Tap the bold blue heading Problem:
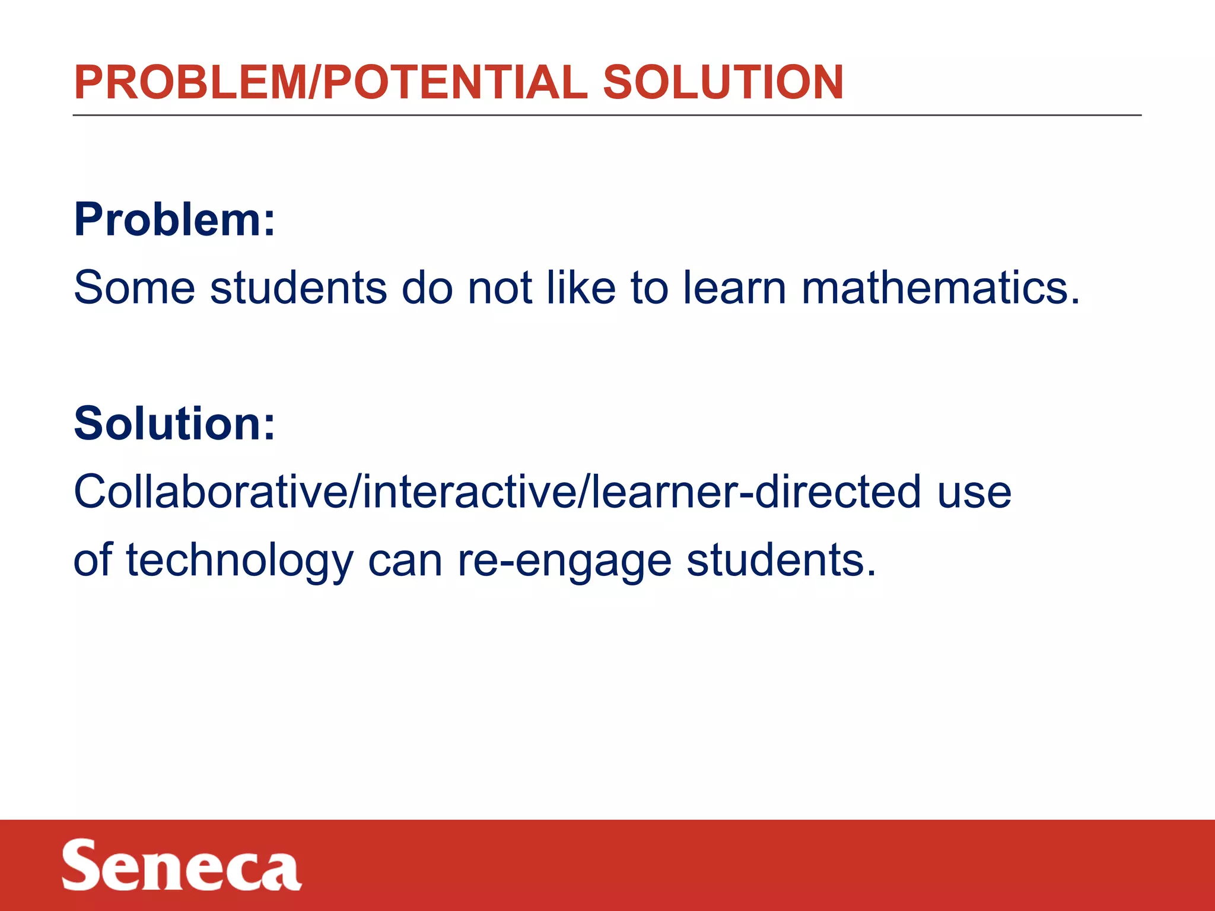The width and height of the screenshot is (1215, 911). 174,220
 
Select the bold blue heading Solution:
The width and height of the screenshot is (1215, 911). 174,423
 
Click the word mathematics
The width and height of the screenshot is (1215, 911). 940,288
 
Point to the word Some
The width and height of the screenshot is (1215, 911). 134,288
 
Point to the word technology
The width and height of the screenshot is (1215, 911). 240,561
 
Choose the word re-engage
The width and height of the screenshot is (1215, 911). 564,561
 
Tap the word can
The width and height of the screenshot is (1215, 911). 405,561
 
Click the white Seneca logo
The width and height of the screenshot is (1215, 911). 182,865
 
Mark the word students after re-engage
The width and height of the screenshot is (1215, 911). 781,560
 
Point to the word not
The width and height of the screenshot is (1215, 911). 500,288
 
